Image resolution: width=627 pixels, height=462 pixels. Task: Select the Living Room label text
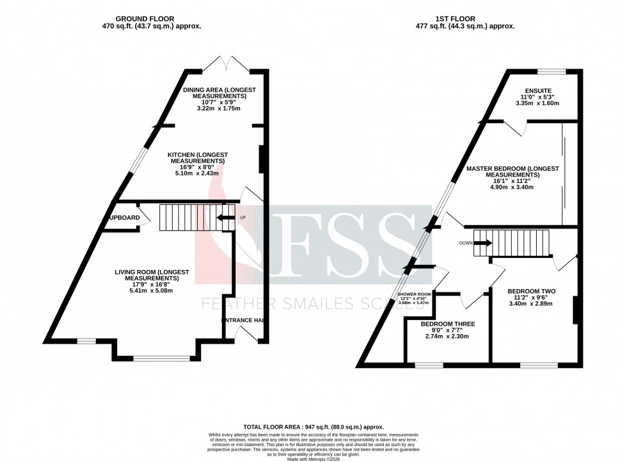[x=152, y=275]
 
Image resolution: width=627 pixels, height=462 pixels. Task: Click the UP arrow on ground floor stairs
[x=225, y=218]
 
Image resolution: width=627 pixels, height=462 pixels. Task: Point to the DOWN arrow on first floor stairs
[x=483, y=243]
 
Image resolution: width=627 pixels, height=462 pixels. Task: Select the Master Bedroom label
[x=512, y=171]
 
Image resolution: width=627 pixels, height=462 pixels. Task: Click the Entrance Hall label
[x=244, y=320]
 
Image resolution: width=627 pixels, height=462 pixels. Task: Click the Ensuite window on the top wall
[x=551, y=70]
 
